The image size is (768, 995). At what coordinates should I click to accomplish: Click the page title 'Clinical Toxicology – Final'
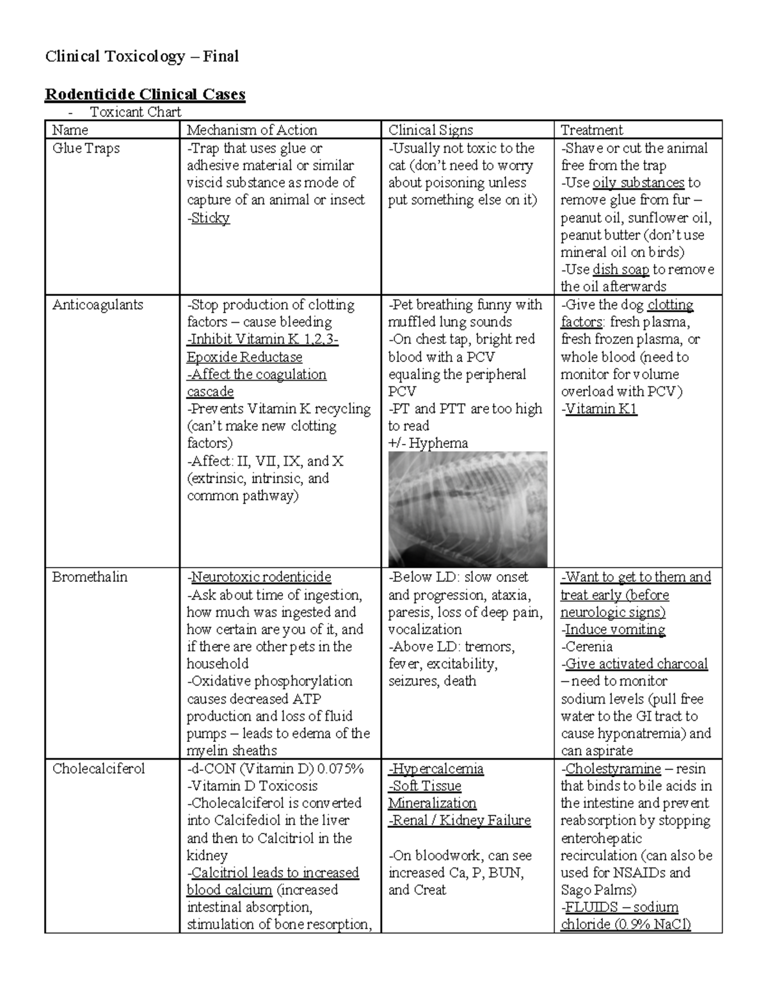pos(141,56)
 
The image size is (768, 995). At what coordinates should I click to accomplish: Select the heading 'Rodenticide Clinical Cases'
pos(145,94)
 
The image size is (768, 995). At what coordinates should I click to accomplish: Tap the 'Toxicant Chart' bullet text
pos(135,112)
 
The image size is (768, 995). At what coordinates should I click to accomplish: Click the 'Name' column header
pos(70,130)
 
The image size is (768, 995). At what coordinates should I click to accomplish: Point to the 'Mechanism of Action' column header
pos(252,130)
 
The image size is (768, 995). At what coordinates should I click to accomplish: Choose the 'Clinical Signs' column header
pos(430,130)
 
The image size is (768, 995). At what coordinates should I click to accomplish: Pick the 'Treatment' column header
pos(591,130)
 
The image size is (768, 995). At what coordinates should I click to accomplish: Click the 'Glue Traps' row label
pos(86,148)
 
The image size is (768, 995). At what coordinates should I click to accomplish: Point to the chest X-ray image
pos(467,509)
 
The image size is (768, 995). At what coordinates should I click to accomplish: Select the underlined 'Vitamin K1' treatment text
pos(601,409)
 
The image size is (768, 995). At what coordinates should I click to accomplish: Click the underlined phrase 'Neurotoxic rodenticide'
pos(261,577)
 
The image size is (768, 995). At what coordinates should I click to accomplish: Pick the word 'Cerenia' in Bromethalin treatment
pos(589,646)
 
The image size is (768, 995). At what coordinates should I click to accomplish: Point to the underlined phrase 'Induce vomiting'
pos(615,629)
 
